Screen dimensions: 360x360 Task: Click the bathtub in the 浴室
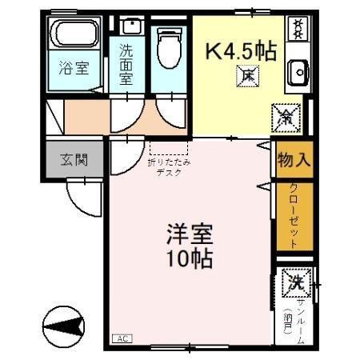coord(74,34)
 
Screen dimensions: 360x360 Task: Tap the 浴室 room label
coord(74,68)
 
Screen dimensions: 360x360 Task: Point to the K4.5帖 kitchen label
coord(242,51)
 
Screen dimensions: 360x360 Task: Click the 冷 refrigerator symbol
coord(286,117)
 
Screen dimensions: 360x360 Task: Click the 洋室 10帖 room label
coord(190,247)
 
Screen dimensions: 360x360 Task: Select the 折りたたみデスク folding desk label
coord(169,166)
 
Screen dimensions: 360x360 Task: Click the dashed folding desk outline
coord(169,147)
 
